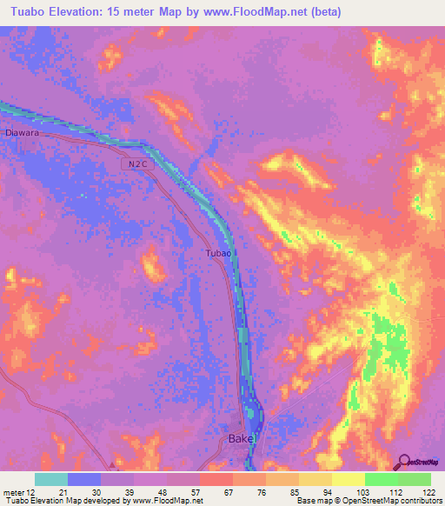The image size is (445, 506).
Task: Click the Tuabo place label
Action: (x=218, y=252)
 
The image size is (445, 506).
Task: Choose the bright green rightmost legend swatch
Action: (x=415, y=479)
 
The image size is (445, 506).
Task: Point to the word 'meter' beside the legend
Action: (x=14, y=491)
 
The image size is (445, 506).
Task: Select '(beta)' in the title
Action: (x=323, y=12)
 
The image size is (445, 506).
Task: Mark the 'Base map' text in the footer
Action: (x=312, y=501)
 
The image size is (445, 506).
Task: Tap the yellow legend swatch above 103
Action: (x=349, y=479)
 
